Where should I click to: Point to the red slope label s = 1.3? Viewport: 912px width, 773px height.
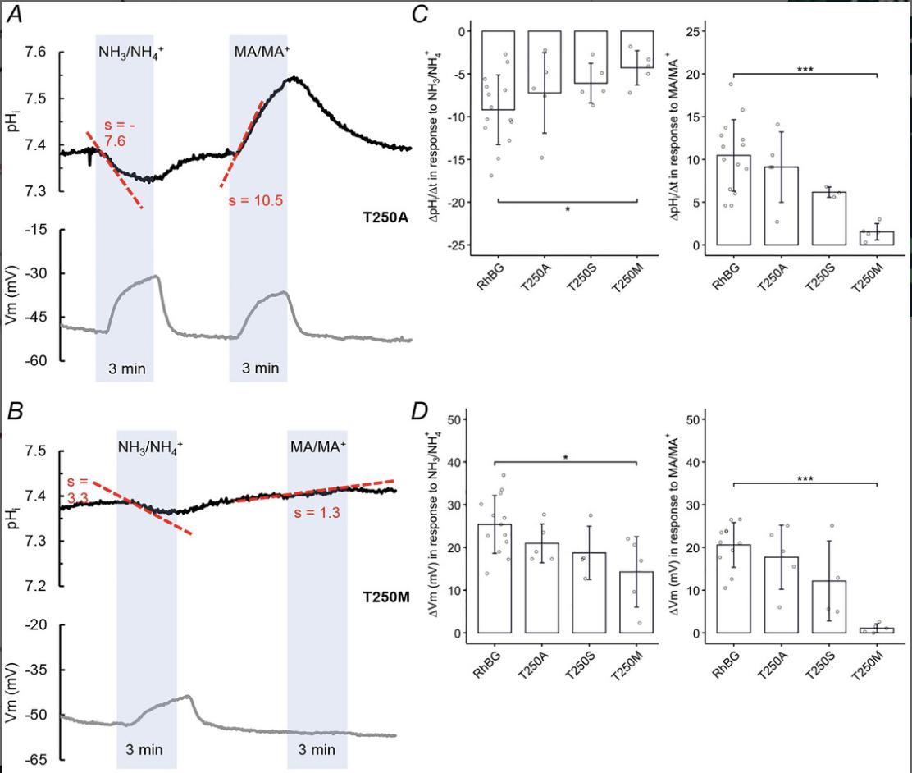(x=317, y=513)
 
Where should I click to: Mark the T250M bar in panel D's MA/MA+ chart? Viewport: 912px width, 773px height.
(x=878, y=630)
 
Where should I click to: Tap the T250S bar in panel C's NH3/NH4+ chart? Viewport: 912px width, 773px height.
(x=591, y=57)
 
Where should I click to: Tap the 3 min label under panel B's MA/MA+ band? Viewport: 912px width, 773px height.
(x=317, y=749)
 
